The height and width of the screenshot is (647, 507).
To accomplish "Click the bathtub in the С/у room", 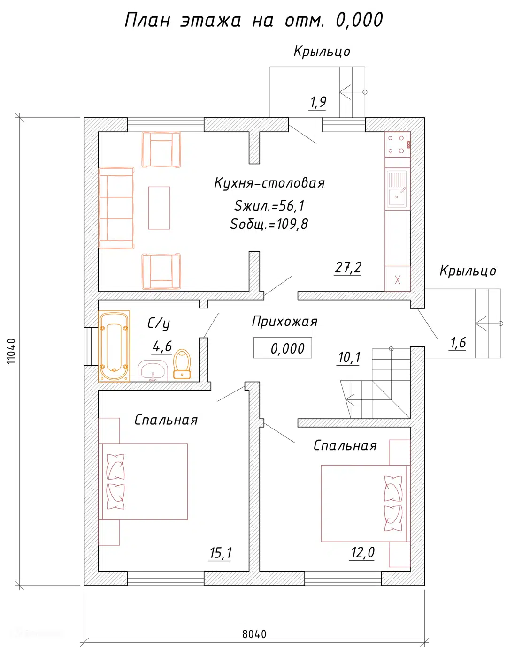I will coord(114,346).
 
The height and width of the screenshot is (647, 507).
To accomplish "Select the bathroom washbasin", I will coord(153,371).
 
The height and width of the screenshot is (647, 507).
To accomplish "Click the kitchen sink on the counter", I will coord(397,190).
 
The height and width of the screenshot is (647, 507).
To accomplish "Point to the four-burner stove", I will coord(396,144).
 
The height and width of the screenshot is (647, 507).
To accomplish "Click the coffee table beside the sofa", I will coord(159,208).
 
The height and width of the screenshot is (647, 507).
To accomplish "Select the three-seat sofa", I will coord(116,208).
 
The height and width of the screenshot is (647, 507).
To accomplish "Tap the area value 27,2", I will coord(348,268).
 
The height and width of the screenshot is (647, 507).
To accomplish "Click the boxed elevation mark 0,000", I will coord(283,348).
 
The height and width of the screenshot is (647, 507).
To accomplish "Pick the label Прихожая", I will coord(284,322).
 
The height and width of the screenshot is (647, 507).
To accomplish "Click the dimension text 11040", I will coord(12,351).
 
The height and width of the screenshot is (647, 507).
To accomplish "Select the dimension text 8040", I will coord(254,634).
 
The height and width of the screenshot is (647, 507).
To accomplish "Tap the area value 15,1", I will coord(220,553).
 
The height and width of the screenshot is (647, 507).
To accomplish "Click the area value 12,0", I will coord(362,553).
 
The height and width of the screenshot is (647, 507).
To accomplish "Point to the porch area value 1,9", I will coord(318,102).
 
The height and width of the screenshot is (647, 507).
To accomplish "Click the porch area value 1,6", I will coord(458,343).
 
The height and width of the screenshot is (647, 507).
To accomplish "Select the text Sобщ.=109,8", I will coord(269,224).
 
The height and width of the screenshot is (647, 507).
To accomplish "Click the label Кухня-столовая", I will coord(269,183).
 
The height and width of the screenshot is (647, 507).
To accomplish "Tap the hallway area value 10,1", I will coord(349,358).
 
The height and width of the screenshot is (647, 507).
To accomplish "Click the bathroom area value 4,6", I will coord(162,346).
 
